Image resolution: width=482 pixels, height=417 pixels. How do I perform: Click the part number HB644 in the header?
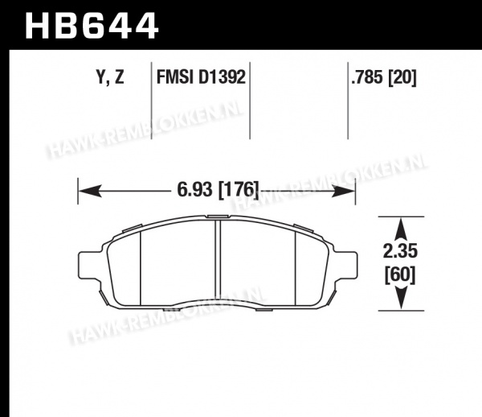(92, 25)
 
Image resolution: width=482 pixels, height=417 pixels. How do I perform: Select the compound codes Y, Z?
(110, 77)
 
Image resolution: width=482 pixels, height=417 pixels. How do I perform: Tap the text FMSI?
(175, 76)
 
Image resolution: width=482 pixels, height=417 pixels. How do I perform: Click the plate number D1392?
(222, 76)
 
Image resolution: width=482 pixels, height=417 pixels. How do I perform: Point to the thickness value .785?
(367, 76)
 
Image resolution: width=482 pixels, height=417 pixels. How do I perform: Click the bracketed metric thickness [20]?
(402, 77)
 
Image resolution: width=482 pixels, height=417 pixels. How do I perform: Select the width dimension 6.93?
(195, 189)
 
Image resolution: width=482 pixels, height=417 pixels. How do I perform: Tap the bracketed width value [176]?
(239, 189)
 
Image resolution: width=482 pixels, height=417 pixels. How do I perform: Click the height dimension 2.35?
(400, 251)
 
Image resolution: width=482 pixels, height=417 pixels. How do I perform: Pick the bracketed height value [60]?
(400, 275)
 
